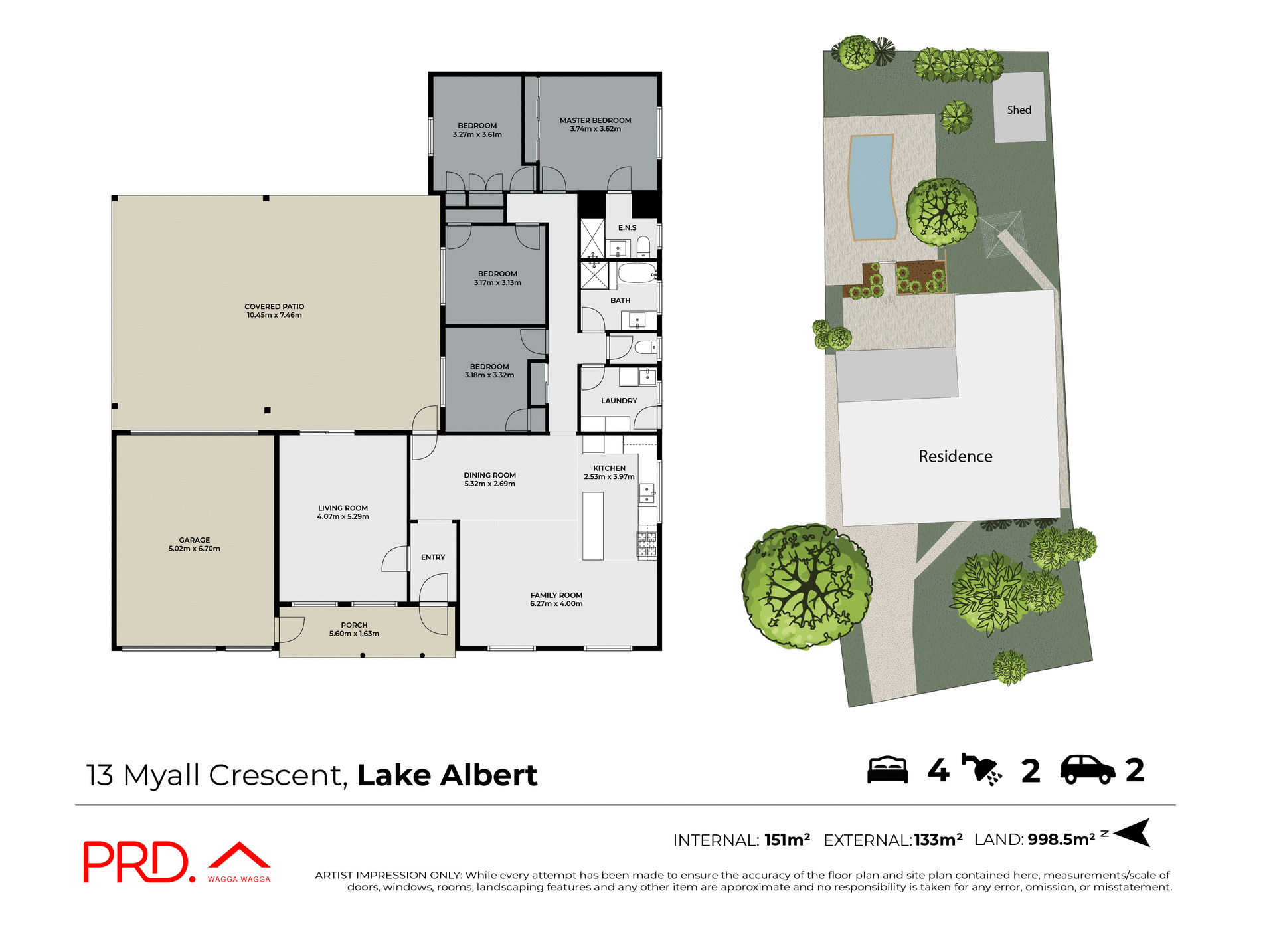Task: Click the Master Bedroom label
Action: coord(595,120)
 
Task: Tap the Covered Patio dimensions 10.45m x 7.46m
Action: coord(274,316)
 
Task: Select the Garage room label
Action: coord(194,540)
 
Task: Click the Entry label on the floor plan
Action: coord(433,557)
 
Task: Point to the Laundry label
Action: coord(619,401)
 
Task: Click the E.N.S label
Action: coord(627,228)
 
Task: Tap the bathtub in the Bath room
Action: coord(637,273)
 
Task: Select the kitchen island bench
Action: coord(593,526)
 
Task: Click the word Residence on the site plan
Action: coord(955,456)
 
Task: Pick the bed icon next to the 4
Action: coord(887,770)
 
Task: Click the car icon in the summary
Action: coord(1087,770)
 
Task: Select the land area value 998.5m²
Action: coord(1061,840)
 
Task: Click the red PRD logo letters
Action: coord(136,862)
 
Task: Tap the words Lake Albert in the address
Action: coord(447,775)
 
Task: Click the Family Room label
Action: coord(556,595)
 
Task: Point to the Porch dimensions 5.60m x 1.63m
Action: coord(354,634)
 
